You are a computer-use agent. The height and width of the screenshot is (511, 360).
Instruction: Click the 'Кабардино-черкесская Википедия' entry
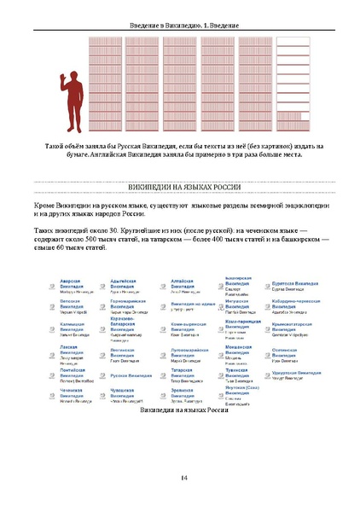tap(297, 302)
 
